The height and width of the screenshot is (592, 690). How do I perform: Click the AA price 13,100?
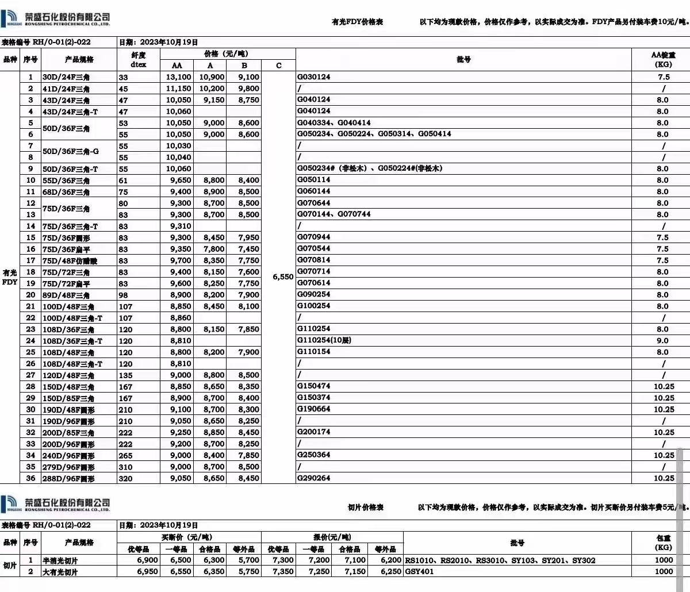pos(178,77)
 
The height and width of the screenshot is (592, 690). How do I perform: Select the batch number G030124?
pos(314,76)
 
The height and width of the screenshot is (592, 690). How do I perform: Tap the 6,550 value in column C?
pos(283,277)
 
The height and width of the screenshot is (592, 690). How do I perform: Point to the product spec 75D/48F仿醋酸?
pos(70,260)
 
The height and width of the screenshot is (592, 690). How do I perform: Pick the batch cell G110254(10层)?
pos(324,340)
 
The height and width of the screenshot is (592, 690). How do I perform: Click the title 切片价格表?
pos(365,508)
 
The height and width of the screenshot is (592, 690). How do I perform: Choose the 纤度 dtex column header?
pos(138,60)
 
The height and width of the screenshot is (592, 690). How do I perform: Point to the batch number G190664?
pos(314,409)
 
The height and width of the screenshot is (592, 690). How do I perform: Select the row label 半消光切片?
pos(60,560)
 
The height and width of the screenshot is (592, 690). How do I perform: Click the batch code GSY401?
pos(420,571)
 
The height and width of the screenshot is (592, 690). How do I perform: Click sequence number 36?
pos(30,478)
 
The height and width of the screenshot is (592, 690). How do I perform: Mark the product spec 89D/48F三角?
pos(66,295)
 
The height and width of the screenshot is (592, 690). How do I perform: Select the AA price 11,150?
pos(178,89)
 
